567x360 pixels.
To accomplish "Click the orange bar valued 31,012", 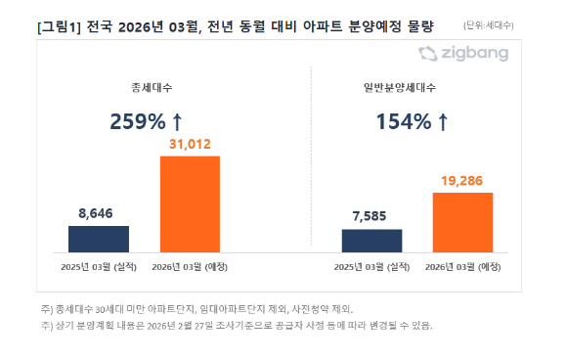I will point(190,204).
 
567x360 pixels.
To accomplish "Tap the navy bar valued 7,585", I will point(371,242).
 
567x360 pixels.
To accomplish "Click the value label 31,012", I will point(190,144).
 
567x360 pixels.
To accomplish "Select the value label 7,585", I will point(371,218).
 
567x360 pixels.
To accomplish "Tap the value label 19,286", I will point(462,181).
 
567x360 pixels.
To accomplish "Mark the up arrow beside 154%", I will point(443,122).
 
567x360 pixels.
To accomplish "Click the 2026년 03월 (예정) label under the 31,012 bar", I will point(190,267).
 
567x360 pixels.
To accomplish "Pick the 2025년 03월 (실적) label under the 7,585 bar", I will point(371,267).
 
